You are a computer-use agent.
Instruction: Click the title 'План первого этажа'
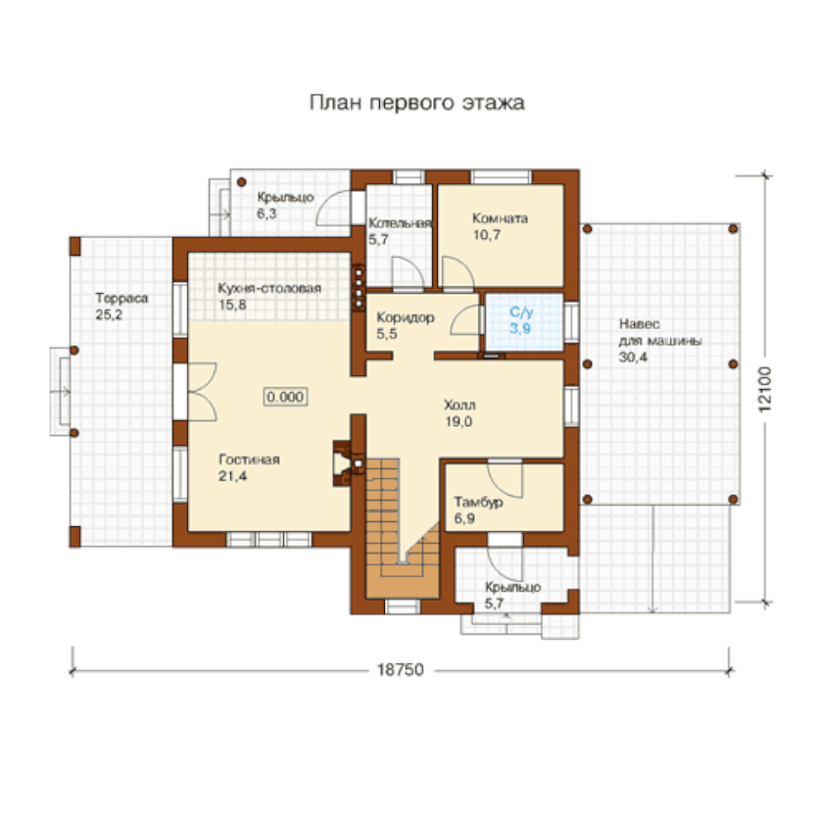(416, 102)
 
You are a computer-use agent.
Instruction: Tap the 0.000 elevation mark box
(285, 397)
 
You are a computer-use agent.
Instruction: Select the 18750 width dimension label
(400, 670)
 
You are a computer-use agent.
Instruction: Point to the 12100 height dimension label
(765, 389)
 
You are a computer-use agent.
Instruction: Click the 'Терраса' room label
(121, 298)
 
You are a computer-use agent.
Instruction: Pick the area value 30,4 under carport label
(633, 358)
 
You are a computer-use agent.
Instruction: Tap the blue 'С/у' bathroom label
(521, 313)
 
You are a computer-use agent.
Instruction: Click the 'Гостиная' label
(249, 460)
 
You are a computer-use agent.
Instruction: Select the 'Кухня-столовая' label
(269, 288)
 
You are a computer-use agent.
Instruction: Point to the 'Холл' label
(460, 405)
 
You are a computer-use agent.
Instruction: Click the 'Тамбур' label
(478, 503)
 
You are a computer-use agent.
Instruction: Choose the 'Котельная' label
(400, 223)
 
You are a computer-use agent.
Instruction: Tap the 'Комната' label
(501, 218)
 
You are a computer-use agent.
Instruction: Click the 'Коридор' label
(406, 317)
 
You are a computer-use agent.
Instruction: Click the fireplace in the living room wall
(344, 462)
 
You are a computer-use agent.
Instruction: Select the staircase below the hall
(403, 527)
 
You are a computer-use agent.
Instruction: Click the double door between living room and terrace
(202, 392)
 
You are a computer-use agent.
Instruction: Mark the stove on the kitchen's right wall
(359, 288)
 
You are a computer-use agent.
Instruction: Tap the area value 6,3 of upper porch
(266, 214)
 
